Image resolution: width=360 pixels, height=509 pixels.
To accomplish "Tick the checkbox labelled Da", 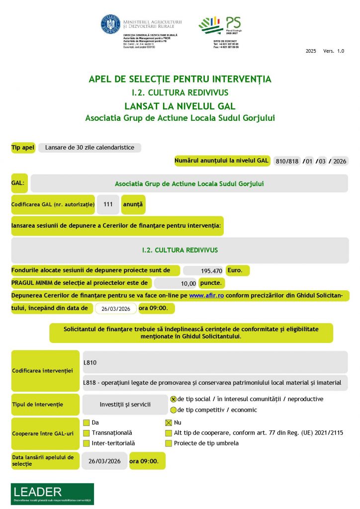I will pos(87,423).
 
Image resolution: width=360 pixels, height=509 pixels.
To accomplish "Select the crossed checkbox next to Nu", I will pos(169,423).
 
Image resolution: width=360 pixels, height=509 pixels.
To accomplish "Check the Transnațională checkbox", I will pos(87,433).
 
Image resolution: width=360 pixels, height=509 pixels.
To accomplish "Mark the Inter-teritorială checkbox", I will pos(87,443).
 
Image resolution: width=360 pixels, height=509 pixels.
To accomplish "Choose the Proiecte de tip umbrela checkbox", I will pos(169,443).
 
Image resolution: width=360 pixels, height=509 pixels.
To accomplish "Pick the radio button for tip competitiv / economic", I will pos(174,411).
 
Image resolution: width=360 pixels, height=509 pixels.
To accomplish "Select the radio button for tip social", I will pos(174,399).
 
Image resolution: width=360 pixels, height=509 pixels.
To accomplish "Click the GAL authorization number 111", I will pos(108,204).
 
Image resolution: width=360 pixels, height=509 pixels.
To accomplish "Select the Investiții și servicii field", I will pos(125,405).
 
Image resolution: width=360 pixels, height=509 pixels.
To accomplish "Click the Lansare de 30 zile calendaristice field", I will pos(90,148).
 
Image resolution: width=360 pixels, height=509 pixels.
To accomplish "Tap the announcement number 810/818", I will pos(286,161).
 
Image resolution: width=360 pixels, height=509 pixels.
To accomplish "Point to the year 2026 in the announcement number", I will pos(340,161).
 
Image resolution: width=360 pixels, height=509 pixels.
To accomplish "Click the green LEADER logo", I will pos(52,494).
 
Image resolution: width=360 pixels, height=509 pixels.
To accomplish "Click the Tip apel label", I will pos(23,148).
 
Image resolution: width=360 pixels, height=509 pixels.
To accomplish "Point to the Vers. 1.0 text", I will pos(333,51).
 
